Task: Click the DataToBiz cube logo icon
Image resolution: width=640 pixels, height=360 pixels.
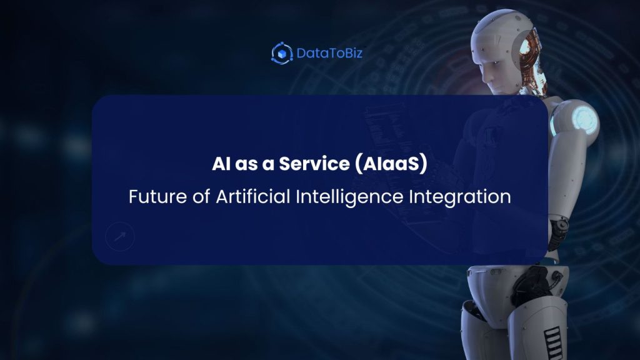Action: point(282,53)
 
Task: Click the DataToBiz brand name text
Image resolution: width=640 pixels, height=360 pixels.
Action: point(329,53)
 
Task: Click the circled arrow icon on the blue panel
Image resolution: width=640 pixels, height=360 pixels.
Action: point(120,237)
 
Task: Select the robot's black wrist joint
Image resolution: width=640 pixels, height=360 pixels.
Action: point(561,224)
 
